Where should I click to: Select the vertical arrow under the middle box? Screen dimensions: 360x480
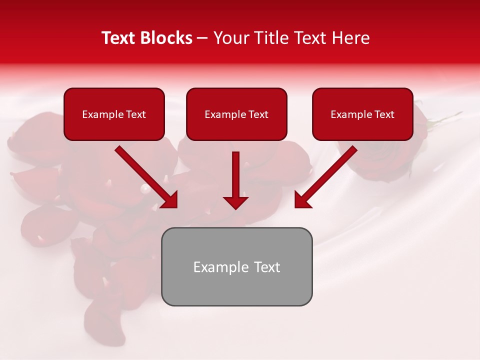[x=235, y=180]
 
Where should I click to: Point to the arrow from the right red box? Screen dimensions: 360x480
[x=325, y=176]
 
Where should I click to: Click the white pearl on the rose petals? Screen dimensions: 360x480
[x=145, y=189]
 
